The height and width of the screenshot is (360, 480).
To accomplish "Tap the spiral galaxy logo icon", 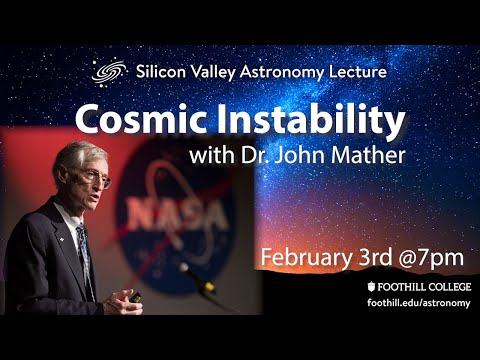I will tap(106, 72).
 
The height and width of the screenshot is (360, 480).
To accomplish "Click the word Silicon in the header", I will tap(163, 72).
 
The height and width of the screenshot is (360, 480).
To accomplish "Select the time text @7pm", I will tap(433, 257).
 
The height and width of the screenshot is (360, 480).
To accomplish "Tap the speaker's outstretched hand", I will tap(128, 298).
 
